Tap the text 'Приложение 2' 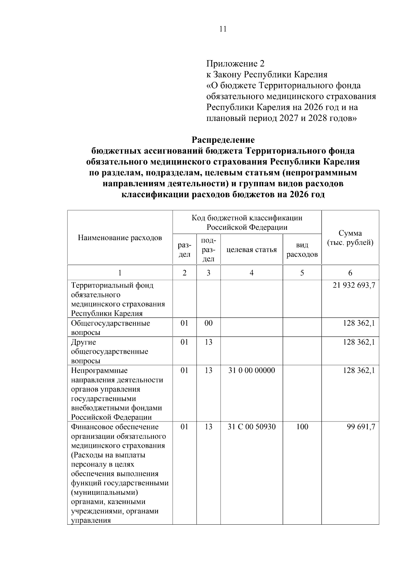click(x=235, y=63)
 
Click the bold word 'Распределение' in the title click(x=223, y=140)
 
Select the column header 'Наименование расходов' click(x=120, y=238)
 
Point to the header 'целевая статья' click(x=252, y=250)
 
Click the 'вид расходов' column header click(x=302, y=250)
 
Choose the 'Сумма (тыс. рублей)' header click(x=350, y=238)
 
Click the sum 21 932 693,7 click(x=354, y=286)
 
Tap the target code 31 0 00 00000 click(x=252, y=370)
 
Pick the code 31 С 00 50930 click(x=252, y=427)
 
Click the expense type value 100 click(x=302, y=427)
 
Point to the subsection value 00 click(x=209, y=323)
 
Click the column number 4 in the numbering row click(x=252, y=273)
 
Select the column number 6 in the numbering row click(x=350, y=273)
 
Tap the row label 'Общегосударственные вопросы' click(x=110, y=328)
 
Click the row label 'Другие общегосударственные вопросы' click(x=109, y=351)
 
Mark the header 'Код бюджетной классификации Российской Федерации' click(x=247, y=223)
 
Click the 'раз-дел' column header click(x=184, y=250)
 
